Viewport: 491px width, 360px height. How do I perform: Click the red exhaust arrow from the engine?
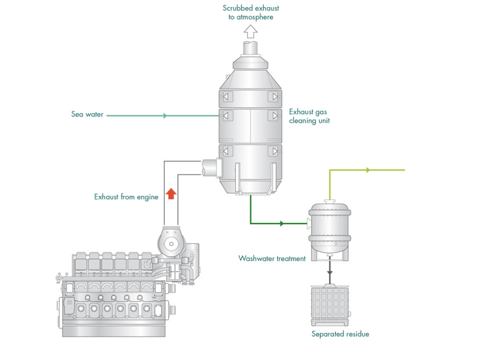coord(171,194)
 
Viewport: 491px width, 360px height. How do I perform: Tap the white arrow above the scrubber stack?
coord(251,32)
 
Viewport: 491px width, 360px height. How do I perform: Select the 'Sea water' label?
coord(87,114)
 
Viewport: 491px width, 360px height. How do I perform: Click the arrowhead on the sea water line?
coord(165,116)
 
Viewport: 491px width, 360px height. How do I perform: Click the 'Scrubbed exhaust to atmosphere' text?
coord(251,12)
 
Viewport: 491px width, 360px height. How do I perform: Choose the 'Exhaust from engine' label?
coord(126,197)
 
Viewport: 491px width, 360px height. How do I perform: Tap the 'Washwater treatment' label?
coord(272,259)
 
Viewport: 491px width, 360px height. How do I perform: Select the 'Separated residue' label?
coord(340,334)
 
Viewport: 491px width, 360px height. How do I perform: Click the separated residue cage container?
coord(331,305)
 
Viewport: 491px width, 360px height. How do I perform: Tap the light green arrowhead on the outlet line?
coord(367,170)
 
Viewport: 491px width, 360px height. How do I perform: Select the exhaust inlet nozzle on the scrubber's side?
coord(210,166)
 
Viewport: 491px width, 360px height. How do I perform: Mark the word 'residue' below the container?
coord(356,334)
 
